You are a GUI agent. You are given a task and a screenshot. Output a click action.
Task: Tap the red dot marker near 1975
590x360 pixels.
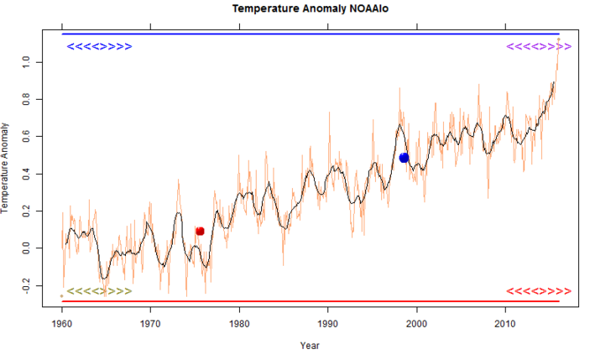pos(200,231)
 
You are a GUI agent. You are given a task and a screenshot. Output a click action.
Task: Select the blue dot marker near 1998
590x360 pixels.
pos(404,158)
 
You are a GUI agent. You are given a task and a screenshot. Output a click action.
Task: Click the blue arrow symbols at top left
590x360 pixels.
pos(99,46)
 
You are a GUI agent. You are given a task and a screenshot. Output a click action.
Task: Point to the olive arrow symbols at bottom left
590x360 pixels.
pos(99,291)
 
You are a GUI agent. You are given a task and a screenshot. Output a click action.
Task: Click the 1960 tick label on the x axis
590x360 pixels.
pos(62,322)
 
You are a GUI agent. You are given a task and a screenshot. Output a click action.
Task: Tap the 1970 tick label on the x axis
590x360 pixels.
pos(151,322)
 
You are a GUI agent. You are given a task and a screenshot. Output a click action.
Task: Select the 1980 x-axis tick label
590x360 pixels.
pos(239,322)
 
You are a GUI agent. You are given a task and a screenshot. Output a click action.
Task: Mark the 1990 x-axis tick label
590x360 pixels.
pos(328,322)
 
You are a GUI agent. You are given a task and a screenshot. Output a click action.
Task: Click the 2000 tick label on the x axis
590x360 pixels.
pos(416,322)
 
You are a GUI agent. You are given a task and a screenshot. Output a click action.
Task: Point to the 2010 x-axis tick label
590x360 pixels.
pos(505,322)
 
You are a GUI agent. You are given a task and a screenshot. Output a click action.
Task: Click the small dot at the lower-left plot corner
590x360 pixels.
pos(61,296)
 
